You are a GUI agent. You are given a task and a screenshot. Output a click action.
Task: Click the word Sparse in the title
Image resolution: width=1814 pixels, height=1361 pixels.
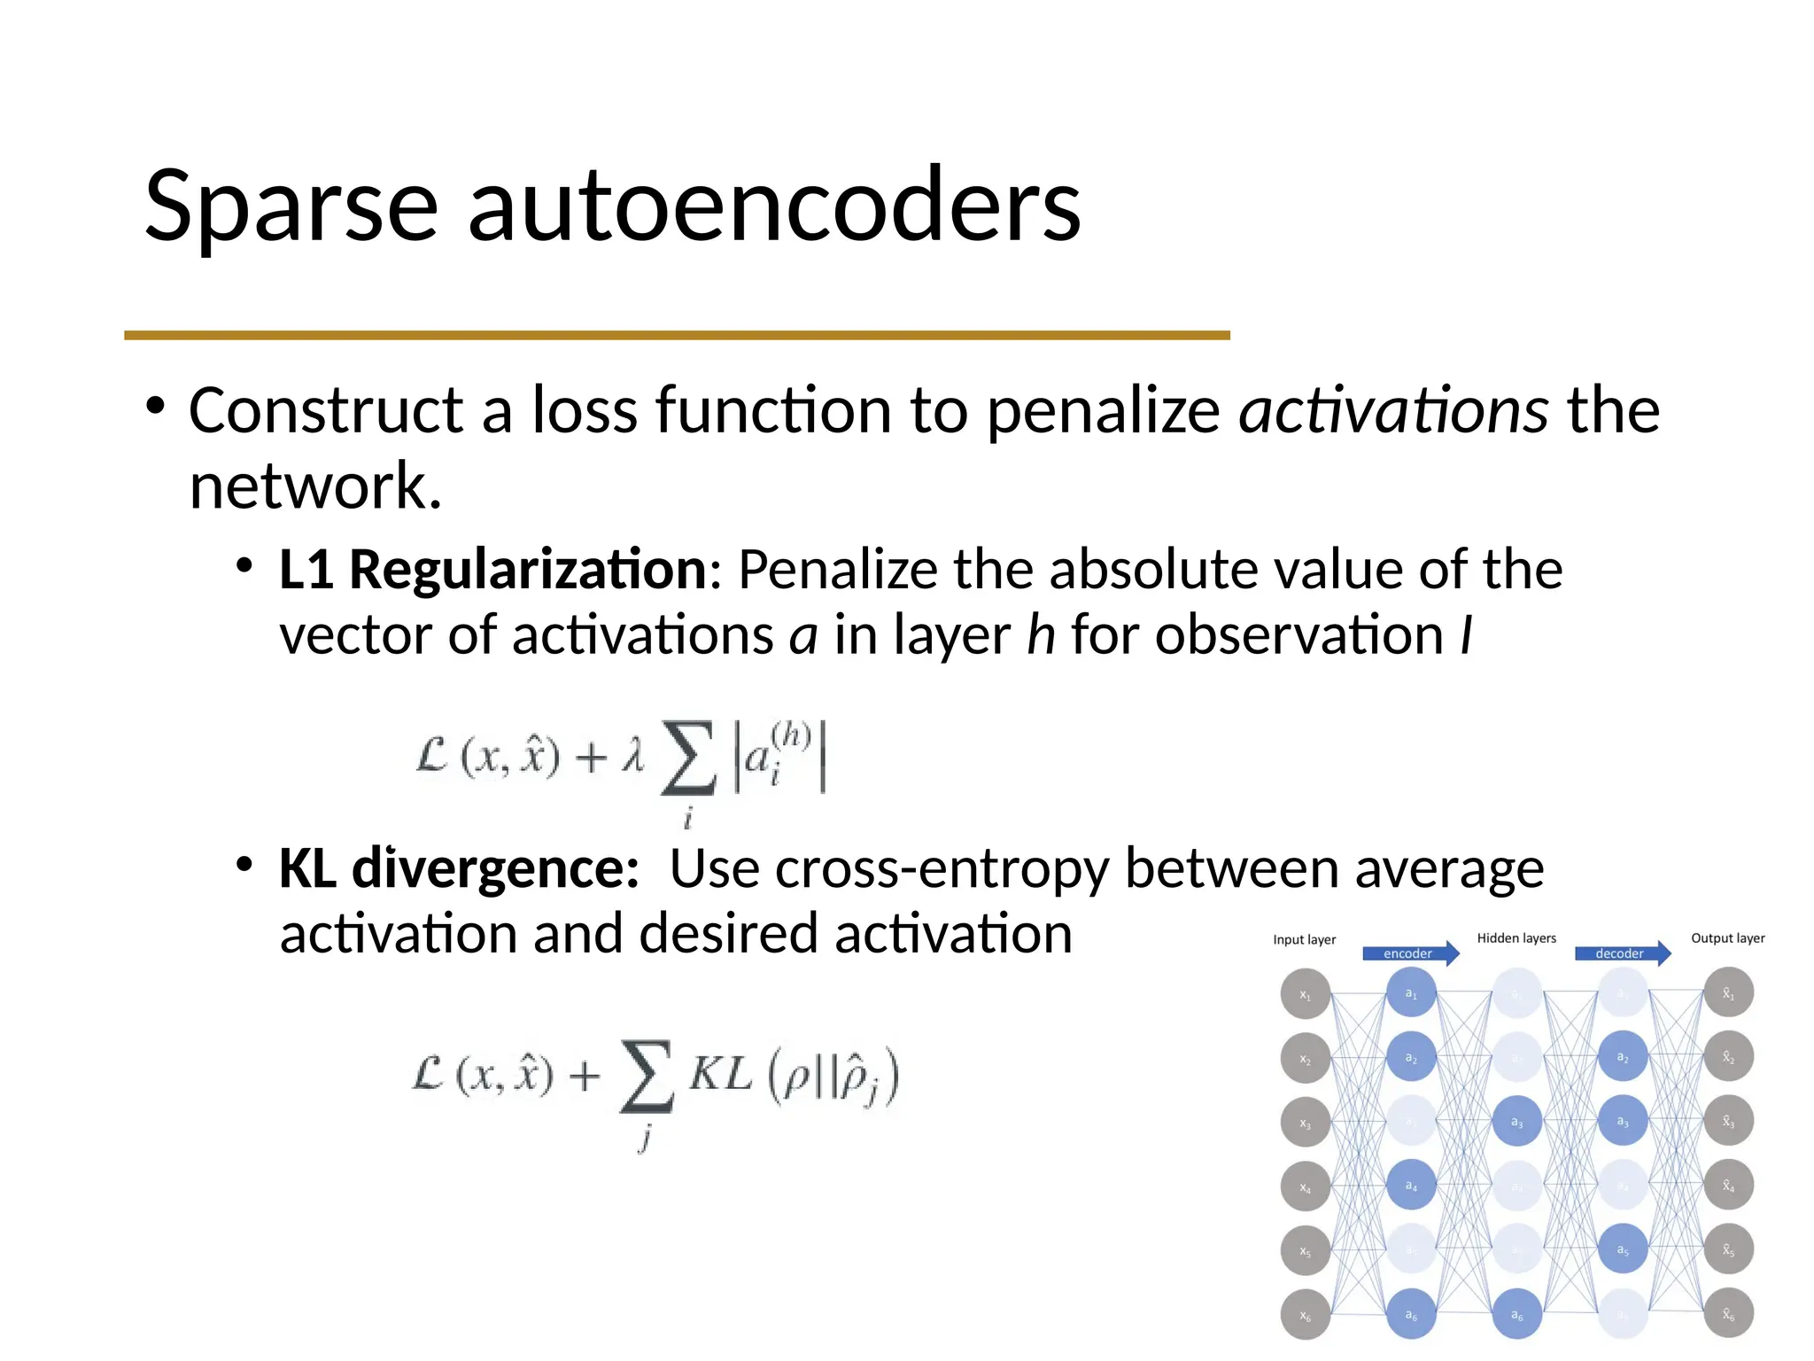[x=291, y=206]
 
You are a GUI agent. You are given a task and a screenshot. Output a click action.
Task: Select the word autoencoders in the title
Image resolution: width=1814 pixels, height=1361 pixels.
[x=773, y=206]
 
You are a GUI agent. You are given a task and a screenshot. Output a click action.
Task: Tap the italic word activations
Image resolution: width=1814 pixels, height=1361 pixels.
[x=1392, y=410]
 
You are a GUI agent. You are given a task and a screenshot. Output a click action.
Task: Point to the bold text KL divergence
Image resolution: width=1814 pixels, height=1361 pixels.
[x=459, y=868]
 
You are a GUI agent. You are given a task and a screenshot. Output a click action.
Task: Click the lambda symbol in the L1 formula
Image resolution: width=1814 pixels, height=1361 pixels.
[x=632, y=757]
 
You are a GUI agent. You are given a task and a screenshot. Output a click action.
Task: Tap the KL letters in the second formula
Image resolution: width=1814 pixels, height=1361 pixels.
[x=720, y=1075]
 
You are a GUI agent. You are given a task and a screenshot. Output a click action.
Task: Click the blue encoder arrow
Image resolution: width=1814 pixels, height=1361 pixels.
[x=1410, y=953]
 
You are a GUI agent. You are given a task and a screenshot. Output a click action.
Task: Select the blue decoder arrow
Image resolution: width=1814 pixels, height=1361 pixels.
[x=1622, y=953]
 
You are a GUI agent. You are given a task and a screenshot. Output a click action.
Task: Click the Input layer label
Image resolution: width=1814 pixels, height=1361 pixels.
[x=1304, y=939]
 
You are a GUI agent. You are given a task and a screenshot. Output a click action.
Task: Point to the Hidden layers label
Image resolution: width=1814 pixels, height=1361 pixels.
[x=1516, y=937]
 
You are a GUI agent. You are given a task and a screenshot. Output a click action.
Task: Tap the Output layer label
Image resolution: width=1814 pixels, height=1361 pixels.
[x=1727, y=937]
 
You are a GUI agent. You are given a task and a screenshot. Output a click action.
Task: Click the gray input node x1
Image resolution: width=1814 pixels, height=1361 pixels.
[x=1305, y=994]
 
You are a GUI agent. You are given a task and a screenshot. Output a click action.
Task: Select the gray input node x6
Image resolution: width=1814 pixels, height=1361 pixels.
[x=1305, y=1315]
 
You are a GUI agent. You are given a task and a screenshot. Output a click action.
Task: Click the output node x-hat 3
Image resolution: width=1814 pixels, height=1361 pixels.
[x=1728, y=1121]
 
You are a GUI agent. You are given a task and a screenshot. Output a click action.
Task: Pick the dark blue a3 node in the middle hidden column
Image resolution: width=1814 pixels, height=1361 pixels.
[x=1516, y=1122]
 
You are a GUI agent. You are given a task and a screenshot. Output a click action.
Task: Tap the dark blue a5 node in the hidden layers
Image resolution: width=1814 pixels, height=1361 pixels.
[x=1622, y=1249]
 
